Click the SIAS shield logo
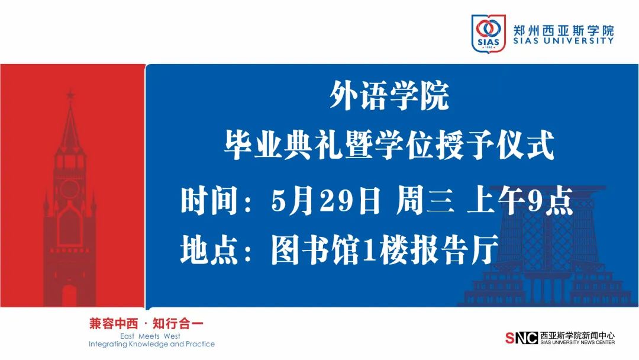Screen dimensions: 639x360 pos(488,33)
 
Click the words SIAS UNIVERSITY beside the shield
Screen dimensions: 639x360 pos(563,41)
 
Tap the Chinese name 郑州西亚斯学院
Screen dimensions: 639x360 pos(563,30)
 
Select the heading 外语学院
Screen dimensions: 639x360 pos(389,97)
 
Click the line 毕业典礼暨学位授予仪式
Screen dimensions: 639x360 pos(389,145)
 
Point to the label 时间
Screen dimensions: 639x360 pos(209,200)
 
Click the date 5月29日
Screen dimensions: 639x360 pos(325,200)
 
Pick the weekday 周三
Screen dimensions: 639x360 pos(425,200)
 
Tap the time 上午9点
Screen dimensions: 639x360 pos(520,200)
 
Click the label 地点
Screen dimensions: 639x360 pos(209,249)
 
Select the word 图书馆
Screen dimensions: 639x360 pos(315,249)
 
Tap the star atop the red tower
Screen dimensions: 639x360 pos(70,95)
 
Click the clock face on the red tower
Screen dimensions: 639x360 pos(70,189)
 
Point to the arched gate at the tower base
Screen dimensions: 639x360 pos(69,295)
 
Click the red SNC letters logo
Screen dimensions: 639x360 pos(522,338)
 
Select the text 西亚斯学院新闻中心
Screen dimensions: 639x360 pos(577,336)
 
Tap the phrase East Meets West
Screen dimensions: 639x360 pos(150,336)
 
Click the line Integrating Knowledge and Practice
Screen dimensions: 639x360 pos(151,344)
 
